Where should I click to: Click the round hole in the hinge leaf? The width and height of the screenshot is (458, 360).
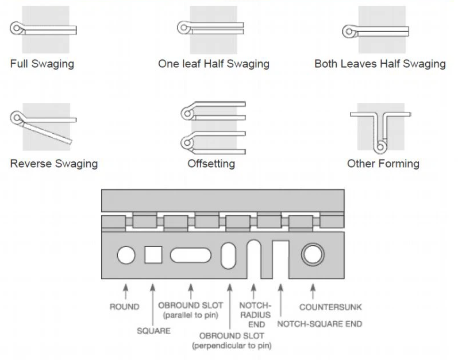tap(126, 254)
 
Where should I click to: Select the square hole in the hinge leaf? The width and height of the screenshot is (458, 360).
tap(153, 254)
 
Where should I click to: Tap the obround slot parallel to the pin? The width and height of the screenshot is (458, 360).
tap(191, 254)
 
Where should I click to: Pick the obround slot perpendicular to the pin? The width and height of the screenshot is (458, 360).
tap(229, 256)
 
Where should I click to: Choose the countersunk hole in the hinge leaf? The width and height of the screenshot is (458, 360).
tap(313, 254)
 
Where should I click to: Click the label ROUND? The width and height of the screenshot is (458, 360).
tap(124, 307)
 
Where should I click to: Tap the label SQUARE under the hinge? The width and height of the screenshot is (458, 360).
tap(153, 331)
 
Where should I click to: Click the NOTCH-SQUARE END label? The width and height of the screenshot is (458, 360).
tap(320, 324)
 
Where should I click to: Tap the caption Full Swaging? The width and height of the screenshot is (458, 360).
tap(42, 64)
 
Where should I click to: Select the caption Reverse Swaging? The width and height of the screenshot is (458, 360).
tap(54, 164)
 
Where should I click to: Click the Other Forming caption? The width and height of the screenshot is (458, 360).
tap(383, 164)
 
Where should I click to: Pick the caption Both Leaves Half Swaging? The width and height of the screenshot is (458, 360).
tap(380, 64)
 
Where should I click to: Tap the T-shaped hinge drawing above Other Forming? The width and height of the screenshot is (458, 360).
tap(379, 130)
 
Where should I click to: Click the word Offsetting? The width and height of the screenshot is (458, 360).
tap(211, 164)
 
